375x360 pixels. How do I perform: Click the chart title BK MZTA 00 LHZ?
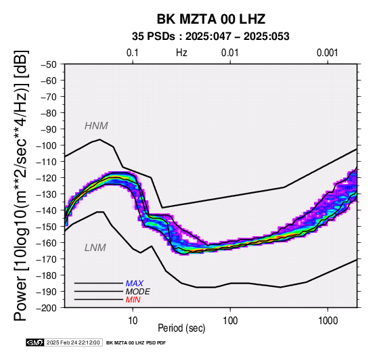[x=211, y=19]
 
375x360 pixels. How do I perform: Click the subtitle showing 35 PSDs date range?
[x=211, y=37]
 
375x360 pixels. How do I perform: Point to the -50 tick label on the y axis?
[x=49, y=64]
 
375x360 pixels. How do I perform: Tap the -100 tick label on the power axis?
[x=47, y=145]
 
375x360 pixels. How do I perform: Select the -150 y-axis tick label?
[x=47, y=227]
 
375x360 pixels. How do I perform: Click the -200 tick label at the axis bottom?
[x=47, y=308]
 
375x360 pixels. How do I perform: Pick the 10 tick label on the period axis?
[x=133, y=321]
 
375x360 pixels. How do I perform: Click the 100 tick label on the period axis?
[x=230, y=321]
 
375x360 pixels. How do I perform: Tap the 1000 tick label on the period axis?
[x=328, y=321]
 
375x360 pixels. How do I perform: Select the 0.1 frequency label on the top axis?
[x=133, y=53]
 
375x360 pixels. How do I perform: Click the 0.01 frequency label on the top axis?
[x=230, y=53]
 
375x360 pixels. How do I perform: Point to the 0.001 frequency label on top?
[x=328, y=53]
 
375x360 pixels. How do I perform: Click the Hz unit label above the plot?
[x=181, y=53]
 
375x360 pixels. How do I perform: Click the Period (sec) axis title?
[x=181, y=328]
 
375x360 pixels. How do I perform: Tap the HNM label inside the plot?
[x=96, y=126]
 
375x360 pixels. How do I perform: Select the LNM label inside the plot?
[x=95, y=248]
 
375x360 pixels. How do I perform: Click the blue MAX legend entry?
[x=135, y=284]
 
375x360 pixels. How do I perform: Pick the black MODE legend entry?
[x=138, y=292]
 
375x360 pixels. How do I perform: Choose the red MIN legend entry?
[x=133, y=300]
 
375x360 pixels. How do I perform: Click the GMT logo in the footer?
[x=35, y=342]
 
